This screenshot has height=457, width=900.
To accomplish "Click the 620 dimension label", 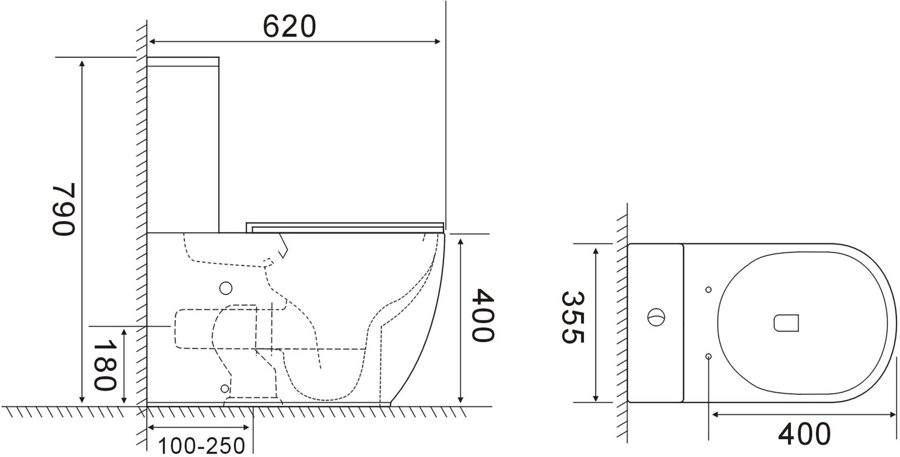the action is (289, 27).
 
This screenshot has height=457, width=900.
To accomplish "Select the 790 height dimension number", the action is (63, 209).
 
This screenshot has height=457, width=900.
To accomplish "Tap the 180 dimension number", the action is (105, 367).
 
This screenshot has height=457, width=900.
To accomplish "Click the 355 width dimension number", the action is (572, 317).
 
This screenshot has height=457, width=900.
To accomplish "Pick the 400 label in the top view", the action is (804, 434).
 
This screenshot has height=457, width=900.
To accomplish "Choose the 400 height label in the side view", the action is (483, 315).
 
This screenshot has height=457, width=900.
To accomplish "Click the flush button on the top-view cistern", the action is (656, 317).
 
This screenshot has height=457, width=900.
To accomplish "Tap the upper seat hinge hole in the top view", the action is (708, 290).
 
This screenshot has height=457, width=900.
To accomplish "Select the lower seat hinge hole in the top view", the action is (708, 356).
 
